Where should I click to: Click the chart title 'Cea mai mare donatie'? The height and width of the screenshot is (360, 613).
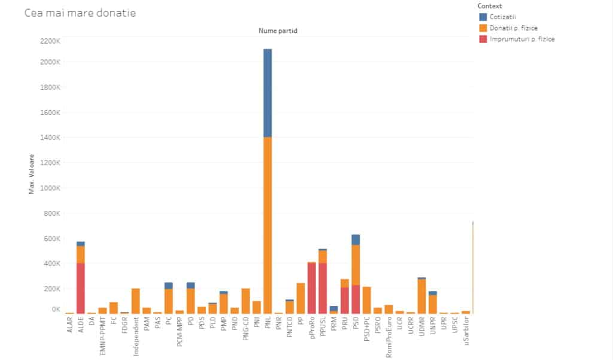[80, 13]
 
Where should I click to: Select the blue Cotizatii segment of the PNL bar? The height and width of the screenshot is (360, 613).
[268, 93]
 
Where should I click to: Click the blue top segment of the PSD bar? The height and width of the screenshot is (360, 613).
[356, 240]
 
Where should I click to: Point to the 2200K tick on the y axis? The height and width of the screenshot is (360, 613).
[50, 41]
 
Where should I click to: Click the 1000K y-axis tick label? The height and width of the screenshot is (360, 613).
[50, 187]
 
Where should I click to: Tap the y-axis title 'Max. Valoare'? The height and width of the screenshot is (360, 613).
[32, 174]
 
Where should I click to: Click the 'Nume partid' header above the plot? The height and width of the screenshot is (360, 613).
[278, 30]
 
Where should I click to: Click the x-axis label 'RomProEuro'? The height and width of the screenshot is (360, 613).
[389, 337]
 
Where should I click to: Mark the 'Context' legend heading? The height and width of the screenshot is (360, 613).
[490, 5]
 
